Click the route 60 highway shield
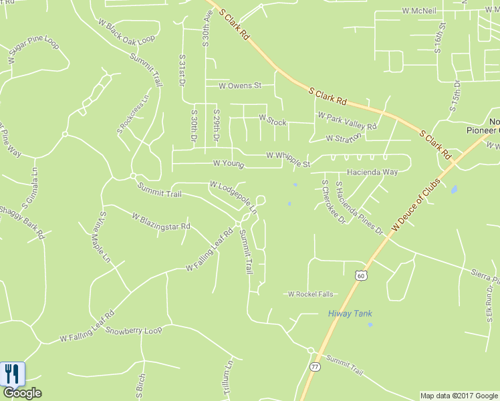360,275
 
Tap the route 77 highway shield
314,366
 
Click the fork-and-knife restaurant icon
12,373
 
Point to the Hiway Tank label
350,313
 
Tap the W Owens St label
239,86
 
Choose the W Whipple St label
288,159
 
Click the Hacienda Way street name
372,172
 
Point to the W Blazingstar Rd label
161,222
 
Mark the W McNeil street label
419,11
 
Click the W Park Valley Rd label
347,120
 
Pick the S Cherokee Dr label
333,201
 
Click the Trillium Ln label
227,378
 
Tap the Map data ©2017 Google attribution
459,396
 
